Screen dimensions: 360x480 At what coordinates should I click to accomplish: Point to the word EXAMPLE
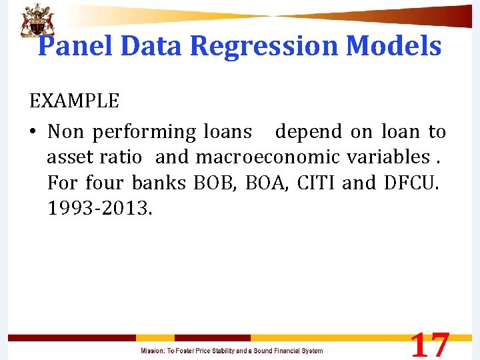click(74, 101)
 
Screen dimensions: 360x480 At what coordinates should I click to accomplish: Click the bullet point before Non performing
click(33, 133)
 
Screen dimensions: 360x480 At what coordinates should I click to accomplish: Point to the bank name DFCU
click(413, 183)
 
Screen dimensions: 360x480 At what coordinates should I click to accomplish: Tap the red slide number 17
click(429, 345)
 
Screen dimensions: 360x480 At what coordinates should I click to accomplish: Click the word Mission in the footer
click(153, 351)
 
